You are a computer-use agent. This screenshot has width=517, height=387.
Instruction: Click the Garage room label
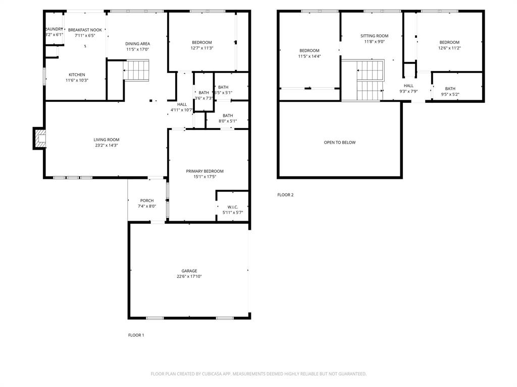189,271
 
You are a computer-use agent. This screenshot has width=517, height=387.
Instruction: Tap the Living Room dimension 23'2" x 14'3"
106,145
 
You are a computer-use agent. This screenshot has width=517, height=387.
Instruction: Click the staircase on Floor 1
136,70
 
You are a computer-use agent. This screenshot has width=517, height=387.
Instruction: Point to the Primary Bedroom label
204,171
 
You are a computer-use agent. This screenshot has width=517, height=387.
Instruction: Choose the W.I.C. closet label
233,207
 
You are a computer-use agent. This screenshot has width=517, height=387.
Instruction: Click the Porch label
147,201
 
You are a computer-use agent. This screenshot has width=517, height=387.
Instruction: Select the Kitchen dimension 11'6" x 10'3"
77,80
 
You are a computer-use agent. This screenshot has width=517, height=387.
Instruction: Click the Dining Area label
137,44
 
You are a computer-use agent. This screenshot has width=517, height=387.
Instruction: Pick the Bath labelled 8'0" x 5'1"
228,115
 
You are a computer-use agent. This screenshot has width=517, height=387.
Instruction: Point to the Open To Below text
339,143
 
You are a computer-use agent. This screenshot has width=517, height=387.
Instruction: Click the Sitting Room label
374,36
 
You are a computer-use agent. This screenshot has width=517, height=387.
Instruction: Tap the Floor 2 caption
285,195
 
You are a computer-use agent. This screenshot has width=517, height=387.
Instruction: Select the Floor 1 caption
136,335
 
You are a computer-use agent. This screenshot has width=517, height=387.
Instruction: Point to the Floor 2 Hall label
408,86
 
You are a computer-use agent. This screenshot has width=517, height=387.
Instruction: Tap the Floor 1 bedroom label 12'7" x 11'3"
201,42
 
